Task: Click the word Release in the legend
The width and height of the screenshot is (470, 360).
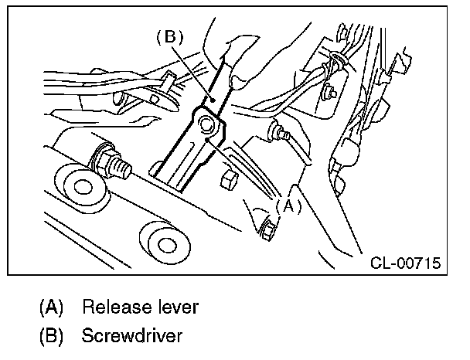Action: point(114,307)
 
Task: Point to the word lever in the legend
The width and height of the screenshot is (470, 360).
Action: point(175,307)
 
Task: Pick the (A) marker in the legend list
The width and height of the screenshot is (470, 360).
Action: point(52,307)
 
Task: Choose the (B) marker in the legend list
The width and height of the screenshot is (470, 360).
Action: point(52,337)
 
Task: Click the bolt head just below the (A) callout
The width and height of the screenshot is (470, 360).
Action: point(267,228)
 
